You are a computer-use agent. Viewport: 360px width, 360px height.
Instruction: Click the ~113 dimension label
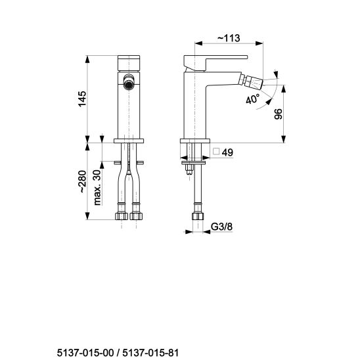coord(229,38)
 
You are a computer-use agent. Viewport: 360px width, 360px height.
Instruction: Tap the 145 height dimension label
coord(82,99)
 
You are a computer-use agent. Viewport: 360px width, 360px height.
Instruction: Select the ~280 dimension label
coord(82,181)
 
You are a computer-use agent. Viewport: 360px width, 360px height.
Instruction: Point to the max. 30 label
coord(97,187)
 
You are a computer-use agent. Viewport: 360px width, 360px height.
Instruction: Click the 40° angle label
coord(253,99)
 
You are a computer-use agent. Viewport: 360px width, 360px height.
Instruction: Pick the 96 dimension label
coord(279,114)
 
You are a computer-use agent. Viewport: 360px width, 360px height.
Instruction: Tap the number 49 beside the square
coord(227,152)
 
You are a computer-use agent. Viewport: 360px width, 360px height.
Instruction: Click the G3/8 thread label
coord(221,227)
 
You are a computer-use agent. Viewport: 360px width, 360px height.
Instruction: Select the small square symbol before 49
coord(216,152)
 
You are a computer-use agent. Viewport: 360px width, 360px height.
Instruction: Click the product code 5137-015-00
coord(85,352)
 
